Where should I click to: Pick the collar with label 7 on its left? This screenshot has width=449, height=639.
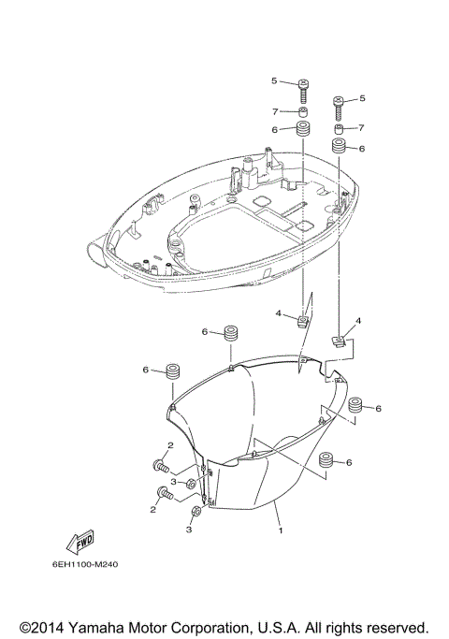[305, 110]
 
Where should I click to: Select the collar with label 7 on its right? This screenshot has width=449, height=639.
[339, 128]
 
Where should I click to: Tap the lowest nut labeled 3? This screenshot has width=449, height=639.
[196, 513]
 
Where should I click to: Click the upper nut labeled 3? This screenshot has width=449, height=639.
[190, 483]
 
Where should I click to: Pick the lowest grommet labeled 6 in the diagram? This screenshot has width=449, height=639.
[326, 461]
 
